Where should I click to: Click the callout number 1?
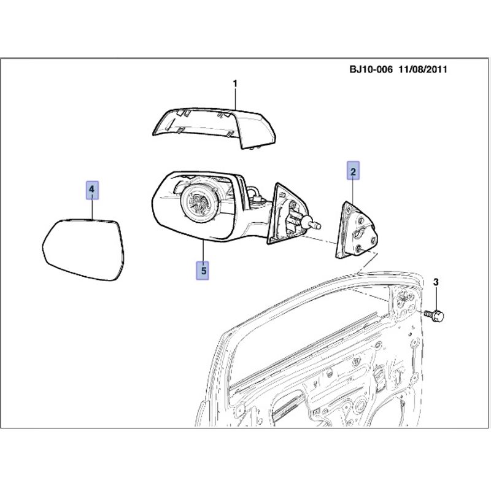tap(235, 83)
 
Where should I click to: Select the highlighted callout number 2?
tap(353, 171)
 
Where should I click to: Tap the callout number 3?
tap(436, 282)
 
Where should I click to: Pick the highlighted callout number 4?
tap(92, 190)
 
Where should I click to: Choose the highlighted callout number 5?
tap(203, 270)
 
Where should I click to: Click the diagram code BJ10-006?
tap(371, 69)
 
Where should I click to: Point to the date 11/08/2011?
tap(423, 69)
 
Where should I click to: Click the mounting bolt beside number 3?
tap(434, 314)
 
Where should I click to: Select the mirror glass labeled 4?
tap(83, 250)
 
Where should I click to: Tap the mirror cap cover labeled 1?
tap(214, 128)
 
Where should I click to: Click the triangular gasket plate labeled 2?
tap(357, 230)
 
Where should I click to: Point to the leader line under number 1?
tap(236, 99)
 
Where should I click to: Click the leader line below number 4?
tap(93, 209)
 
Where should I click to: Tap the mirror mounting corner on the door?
tap(403, 303)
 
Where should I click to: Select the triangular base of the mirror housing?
tap(287, 214)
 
